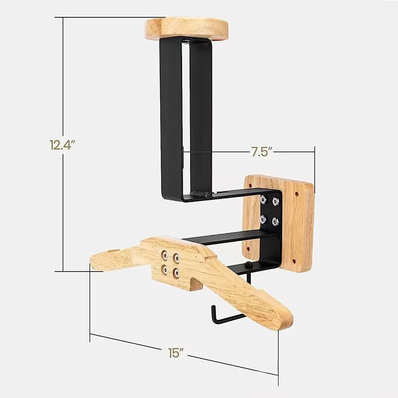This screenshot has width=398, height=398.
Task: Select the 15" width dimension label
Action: pos(176,354)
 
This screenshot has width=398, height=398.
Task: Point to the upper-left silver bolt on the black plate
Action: pos(263,200)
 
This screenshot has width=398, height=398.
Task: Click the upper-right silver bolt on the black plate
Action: pos(275,201)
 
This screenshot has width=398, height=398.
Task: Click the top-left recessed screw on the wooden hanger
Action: pos(164,255)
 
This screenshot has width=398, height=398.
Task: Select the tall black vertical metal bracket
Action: pos(172,114)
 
